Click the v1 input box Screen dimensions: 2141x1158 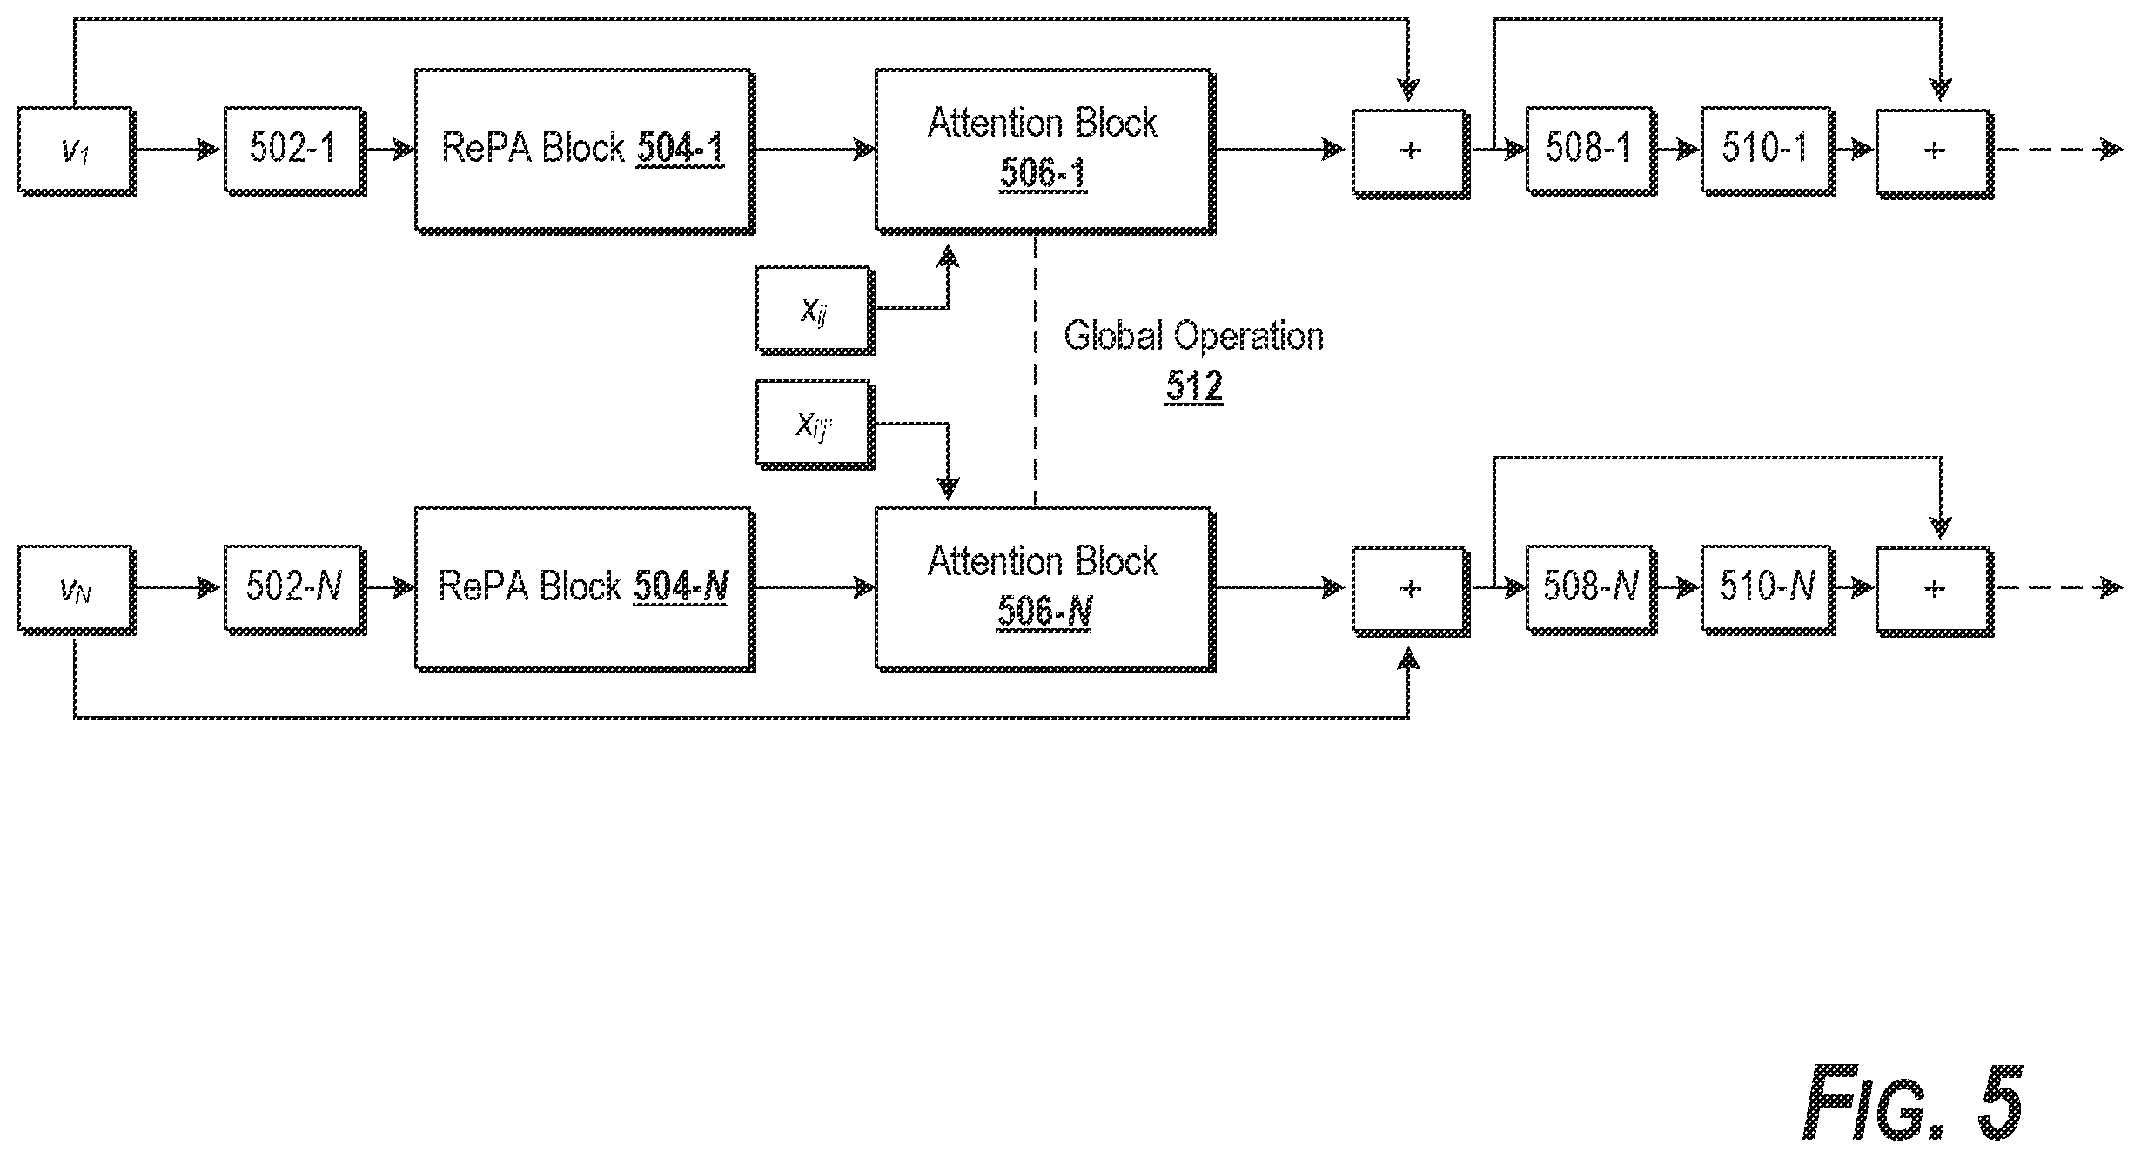(x=76, y=151)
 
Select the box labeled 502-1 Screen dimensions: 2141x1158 (x=294, y=151)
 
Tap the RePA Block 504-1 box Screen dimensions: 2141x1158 (x=584, y=151)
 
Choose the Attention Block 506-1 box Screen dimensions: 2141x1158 (x=1044, y=151)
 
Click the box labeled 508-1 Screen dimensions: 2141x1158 (x=1589, y=151)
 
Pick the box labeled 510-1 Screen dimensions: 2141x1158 (x=1768, y=151)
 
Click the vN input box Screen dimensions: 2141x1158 (x=76, y=590)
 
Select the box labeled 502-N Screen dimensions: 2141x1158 (x=294, y=590)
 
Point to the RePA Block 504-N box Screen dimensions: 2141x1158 (x=584, y=590)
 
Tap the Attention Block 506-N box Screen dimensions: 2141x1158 (x=1044, y=590)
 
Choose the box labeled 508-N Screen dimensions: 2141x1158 (x=1589, y=590)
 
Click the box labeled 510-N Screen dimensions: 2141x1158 (x=1768, y=590)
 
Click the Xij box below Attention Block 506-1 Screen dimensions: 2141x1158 (x=815, y=310)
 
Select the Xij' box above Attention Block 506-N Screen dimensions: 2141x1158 (x=815, y=425)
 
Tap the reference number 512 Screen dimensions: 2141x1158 (x=1194, y=385)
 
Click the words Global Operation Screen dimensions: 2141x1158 (x=1193, y=336)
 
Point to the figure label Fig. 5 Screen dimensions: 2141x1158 (x=1912, y=1102)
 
